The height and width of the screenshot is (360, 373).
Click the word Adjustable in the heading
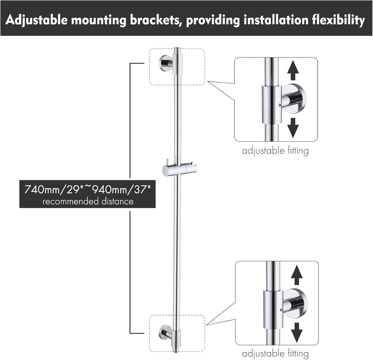tap(36, 20)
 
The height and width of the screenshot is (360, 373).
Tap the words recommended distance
tap(88, 202)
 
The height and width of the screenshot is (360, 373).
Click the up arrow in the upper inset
tap(293, 70)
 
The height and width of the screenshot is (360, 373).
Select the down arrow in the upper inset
tap(293, 128)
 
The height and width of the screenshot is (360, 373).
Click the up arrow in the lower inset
tap(297, 275)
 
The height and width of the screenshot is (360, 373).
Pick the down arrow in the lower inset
tap(297, 333)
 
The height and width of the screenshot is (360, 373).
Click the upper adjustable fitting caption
tap(275, 151)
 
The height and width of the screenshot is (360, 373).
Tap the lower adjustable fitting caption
tap(275, 353)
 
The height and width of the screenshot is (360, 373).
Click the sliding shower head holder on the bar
tap(180, 169)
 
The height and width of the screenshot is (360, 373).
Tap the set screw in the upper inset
tap(280, 105)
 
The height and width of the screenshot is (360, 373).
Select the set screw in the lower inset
tap(281, 310)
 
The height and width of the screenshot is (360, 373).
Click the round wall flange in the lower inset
tap(296, 304)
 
